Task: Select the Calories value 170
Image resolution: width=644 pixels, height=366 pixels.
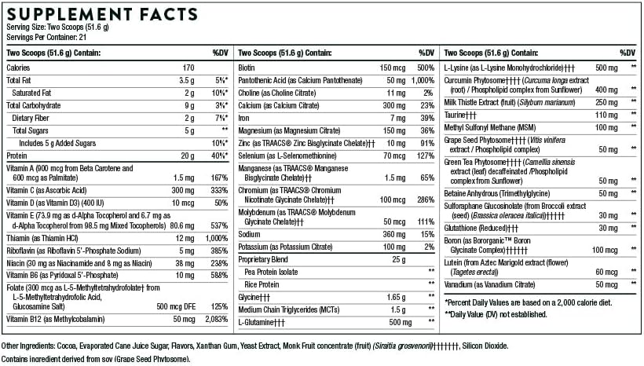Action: tap(188, 68)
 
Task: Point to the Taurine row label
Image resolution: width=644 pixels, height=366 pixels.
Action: tap(463, 115)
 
